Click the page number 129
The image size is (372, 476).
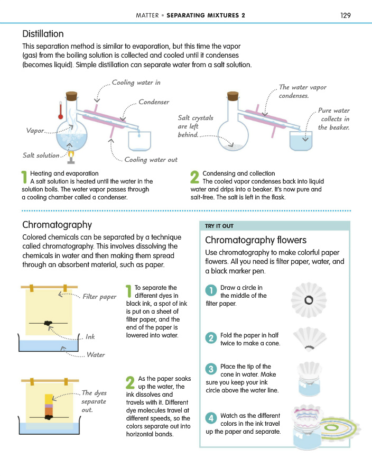click(346, 15)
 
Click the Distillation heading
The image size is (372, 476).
click(43, 35)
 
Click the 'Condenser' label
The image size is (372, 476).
click(154, 102)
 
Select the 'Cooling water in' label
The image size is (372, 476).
click(136, 83)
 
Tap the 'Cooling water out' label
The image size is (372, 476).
click(151, 160)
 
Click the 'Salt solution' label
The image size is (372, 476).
click(41, 155)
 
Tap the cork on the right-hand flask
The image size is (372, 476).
click(232, 97)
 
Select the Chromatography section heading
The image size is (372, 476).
click(57, 225)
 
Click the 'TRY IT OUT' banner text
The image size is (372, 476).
click(219, 226)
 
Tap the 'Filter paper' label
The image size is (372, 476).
click(99, 297)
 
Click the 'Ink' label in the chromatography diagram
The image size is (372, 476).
click(90, 336)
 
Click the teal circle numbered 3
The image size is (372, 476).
click(211, 369)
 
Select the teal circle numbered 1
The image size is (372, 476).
click(211, 290)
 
